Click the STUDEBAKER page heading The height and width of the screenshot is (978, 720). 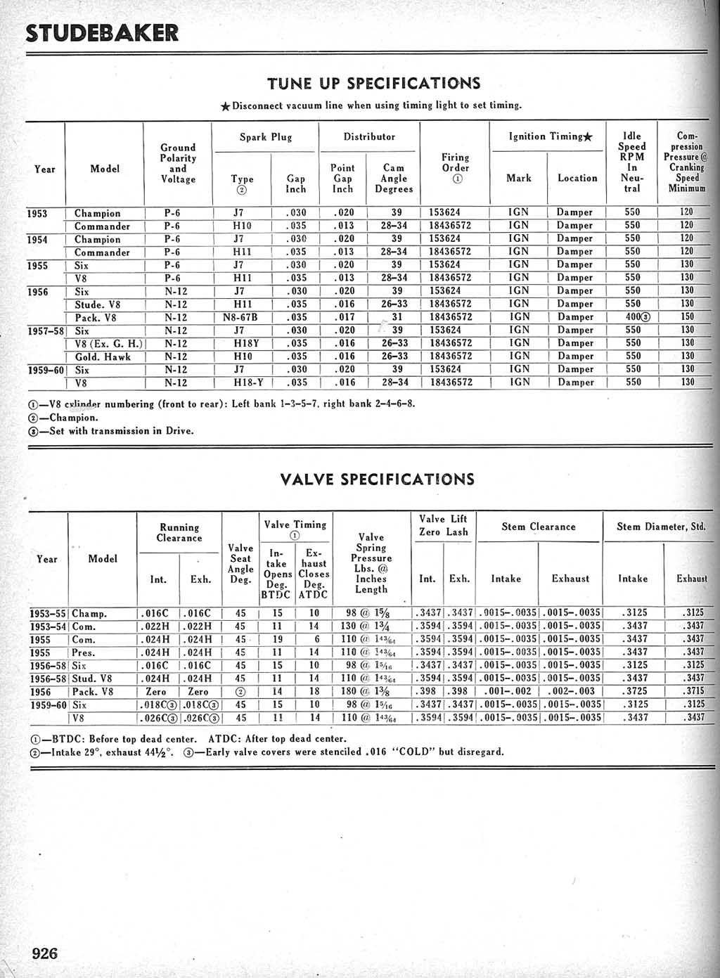point(102,33)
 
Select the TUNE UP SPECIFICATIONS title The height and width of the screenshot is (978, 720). point(373,84)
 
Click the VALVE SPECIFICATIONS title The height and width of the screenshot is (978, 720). point(377,480)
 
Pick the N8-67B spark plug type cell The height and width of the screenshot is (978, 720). point(240,317)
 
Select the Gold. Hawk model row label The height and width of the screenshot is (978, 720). point(103,356)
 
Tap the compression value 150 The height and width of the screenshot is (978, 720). point(687,317)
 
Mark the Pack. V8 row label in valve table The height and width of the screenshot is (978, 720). point(93,692)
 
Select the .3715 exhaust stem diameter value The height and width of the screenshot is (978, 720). point(693,692)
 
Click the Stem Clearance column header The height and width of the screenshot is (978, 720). point(539,527)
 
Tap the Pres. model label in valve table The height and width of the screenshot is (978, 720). point(84,652)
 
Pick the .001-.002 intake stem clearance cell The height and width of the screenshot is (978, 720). point(508,692)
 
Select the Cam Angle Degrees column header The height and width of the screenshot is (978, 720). point(394,179)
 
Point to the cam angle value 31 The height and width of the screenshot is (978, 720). point(397,317)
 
